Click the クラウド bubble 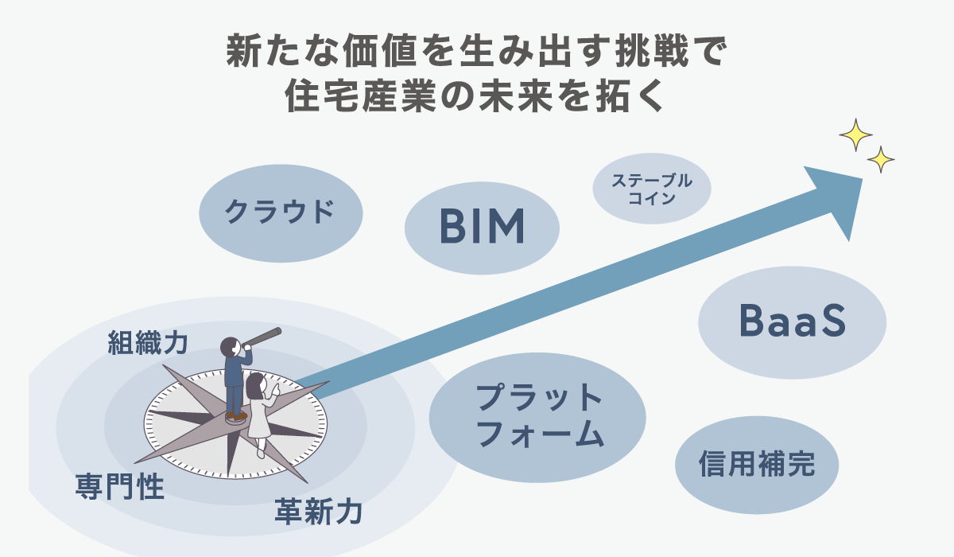(x=280, y=212)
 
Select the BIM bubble (x=482, y=228)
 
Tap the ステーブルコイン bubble (x=652, y=189)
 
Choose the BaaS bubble (x=792, y=321)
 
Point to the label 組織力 (x=148, y=343)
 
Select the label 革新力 (x=318, y=511)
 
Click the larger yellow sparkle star (x=855, y=134)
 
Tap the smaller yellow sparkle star (x=880, y=159)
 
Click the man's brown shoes (x=235, y=415)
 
